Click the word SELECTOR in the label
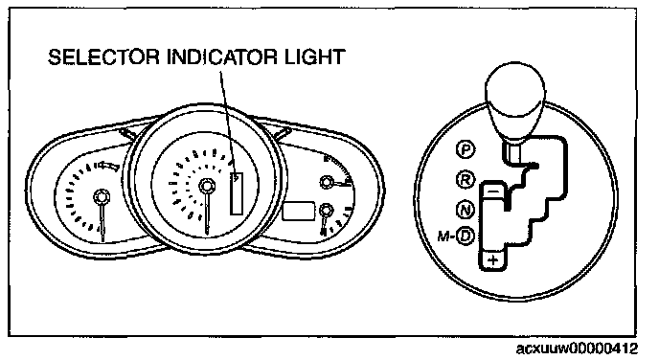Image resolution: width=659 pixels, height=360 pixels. [x=103, y=57]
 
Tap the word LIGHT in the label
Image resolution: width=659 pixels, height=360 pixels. [x=315, y=57]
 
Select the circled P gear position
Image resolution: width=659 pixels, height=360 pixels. [x=466, y=149]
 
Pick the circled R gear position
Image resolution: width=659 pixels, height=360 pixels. [x=466, y=180]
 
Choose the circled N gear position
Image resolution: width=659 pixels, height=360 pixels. [x=466, y=209]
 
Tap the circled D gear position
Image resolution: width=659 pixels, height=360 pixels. [x=466, y=236]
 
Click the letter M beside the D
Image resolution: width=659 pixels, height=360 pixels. [x=443, y=236]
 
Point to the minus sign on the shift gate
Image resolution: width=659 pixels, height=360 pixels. [x=494, y=191]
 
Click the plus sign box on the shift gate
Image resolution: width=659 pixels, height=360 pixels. [x=493, y=260]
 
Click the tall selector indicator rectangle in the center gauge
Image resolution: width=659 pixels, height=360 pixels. [x=237, y=193]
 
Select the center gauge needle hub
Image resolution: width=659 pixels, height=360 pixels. [x=207, y=185]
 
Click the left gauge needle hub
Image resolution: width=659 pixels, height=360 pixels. [x=102, y=196]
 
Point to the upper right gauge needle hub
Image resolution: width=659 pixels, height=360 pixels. [x=326, y=182]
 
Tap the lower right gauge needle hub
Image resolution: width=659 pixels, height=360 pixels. [x=326, y=210]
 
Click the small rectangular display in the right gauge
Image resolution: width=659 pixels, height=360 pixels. [x=299, y=211]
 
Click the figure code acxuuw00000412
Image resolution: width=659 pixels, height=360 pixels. [x=577, y=349]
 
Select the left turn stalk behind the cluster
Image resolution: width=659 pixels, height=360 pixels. [x=127, y=135]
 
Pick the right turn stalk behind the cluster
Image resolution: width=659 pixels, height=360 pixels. [x=282, y=135]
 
